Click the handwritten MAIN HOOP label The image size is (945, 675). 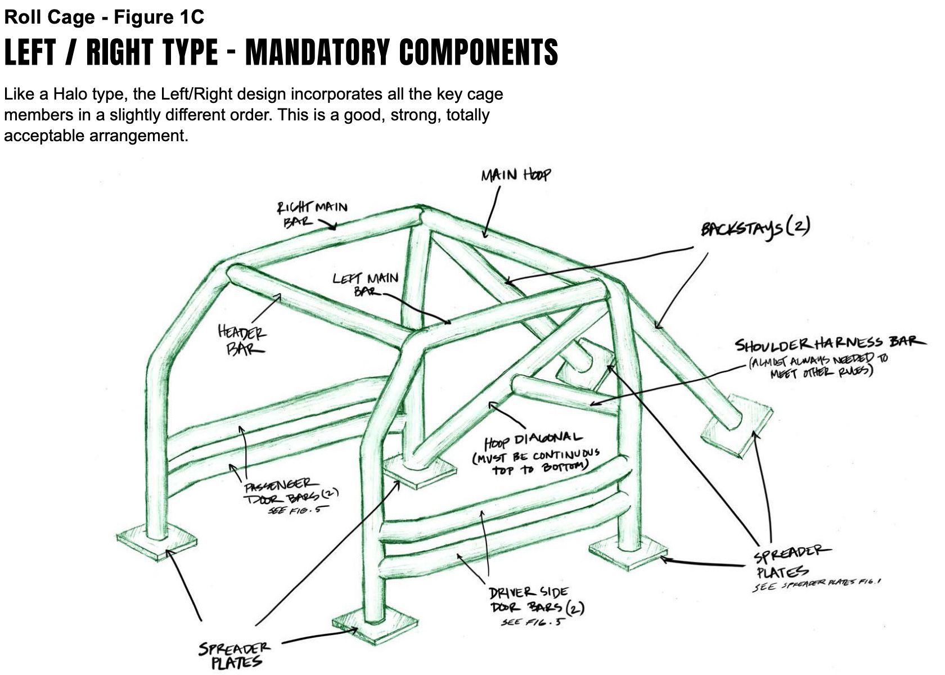coord(515,175)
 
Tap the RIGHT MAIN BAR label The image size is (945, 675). coord(311,213)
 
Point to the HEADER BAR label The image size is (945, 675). coord(242,340)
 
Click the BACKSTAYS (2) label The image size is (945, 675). coord(754,229)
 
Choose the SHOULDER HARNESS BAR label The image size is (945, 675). coord(830,343)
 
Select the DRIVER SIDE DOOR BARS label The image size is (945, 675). coord(528,599)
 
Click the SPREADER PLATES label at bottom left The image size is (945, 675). coord(235,656)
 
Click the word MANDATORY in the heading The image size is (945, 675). coord(317,52)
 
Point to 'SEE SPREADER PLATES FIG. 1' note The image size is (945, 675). coord(816,585)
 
